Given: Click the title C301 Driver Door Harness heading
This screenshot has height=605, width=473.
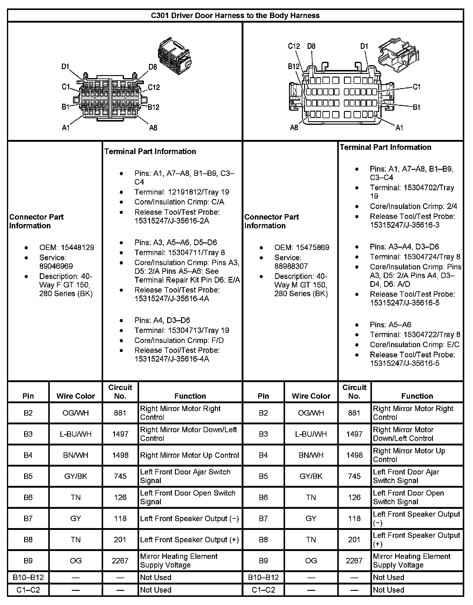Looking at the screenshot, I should coord(235,15).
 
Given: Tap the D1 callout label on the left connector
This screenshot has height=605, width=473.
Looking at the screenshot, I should coord(65,66).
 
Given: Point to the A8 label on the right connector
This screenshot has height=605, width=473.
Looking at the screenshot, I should coord(294,128).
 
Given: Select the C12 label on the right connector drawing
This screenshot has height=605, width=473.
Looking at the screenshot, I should coord(294,46).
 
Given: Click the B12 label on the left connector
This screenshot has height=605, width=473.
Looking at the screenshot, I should coord(154,107).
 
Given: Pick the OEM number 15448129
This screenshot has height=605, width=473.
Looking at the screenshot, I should coord(77,248).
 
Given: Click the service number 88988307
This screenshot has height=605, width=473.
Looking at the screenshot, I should coord(291,266).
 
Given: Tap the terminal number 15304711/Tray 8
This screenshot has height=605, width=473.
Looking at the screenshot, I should coord(179,252).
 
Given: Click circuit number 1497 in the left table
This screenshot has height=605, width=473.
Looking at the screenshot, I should coord(120,434).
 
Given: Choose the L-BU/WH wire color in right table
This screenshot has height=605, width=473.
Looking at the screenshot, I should coord(311,434).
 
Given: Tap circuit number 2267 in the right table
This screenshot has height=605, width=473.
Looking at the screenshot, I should coord(354,561).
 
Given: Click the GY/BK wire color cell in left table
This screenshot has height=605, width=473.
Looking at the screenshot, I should coord(75,476).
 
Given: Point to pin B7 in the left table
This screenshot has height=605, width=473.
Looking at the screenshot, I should coord(28,518).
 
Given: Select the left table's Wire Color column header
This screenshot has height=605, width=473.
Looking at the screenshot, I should coord(75,396).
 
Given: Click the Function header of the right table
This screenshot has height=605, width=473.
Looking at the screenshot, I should coord(417,396).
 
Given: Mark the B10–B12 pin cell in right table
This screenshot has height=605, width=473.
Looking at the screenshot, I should coord(263,578).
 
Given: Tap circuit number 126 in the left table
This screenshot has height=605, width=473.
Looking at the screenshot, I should coord(120,497).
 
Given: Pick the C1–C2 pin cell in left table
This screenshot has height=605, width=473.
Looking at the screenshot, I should coord(28,590).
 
